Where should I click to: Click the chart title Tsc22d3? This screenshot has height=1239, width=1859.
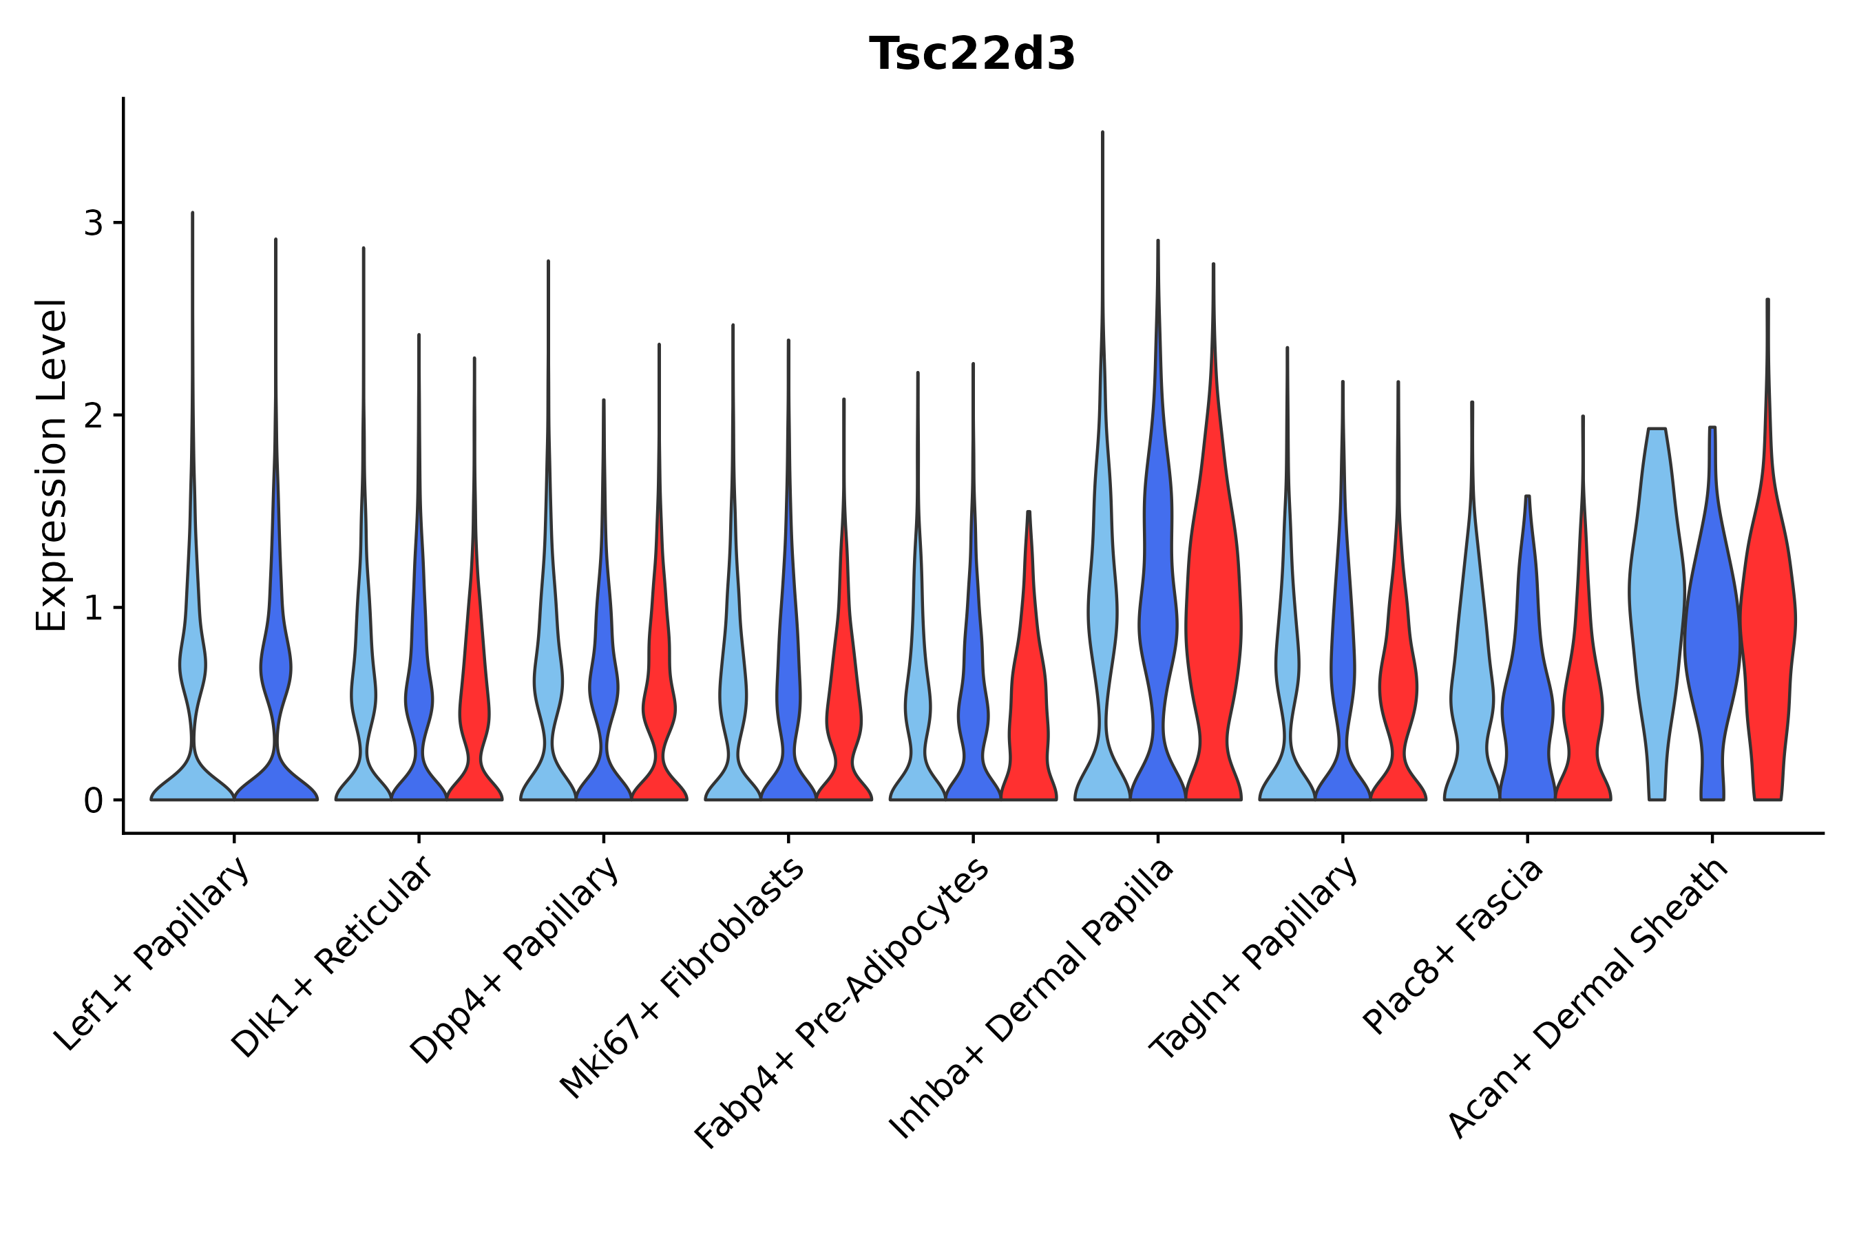click(x=971, y=54)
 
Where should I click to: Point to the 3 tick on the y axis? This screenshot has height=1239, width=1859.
click(x=93, y=224)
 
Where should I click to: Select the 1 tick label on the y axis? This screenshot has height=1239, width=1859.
click(x=93, y=608)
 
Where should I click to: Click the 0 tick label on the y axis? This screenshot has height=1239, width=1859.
click(x=93, y=801)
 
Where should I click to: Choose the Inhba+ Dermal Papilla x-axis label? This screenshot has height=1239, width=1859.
click(x=1032, y=999)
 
